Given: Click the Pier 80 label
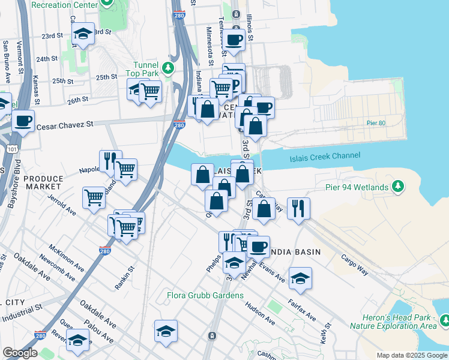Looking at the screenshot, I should pos(375,123).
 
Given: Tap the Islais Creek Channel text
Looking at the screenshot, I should pos(325,156).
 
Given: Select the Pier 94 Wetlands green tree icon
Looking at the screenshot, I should pos(397,188).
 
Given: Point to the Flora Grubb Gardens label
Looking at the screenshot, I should pos(205,295).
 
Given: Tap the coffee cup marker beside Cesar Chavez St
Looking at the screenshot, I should pos(23,121).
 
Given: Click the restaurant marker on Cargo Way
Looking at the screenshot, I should pos(298,209).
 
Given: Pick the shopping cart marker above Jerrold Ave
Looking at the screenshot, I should pos(94,197).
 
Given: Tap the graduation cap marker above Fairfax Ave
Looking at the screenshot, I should pos(300,278).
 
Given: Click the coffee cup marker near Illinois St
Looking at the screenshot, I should pos(234,40).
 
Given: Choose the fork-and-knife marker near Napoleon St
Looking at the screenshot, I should pos(110,160).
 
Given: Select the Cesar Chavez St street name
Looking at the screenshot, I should pos(65,126).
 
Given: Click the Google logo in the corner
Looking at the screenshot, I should pos(20,353).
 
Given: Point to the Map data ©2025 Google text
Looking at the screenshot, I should pos(411,355).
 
